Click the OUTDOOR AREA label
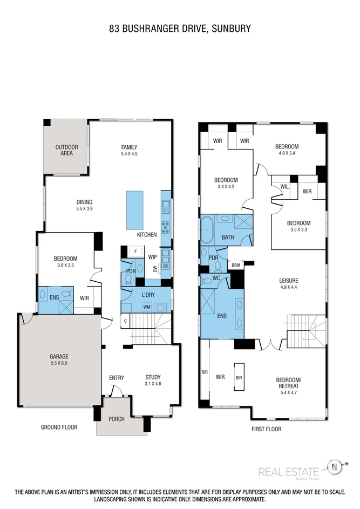pyautogui.click(x=66, y=151)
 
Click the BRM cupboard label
pyautogui.click(x=236, y=265)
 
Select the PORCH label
pyautogui.click(x=116, y=419)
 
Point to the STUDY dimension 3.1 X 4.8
pyautogui.click(x=157, y=384)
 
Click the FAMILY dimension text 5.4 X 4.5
pyautogui.click(x=129, y=154)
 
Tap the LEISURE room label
pyautogui.click(x=289, y=281)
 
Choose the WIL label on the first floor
pyautogui.click(x=284, y=187)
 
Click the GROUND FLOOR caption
pyautogui.click(x=59, y=427)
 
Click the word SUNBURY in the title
pyautogui.click(x=232, y=29)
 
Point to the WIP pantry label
pyautogui.click(x=153, y=257)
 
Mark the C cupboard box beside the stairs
pyautogui.click(x=125, y=322)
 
